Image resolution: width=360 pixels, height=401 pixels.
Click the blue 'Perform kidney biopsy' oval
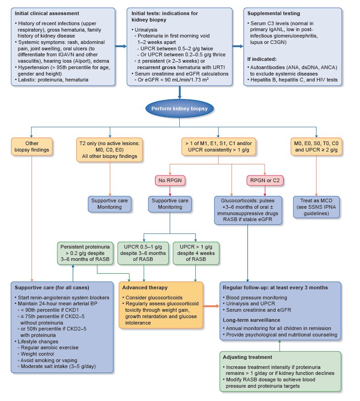click(x=180, y=109)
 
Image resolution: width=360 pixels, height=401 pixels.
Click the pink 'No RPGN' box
click(x=168, y=180)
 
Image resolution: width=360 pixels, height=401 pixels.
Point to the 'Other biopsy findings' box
click(x=30, y=145)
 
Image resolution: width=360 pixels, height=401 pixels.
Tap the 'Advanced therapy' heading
click(x=145, y=287)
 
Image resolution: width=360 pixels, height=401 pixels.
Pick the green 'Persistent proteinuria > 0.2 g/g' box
click(x=85, y=252)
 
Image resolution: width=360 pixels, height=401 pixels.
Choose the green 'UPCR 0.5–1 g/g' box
click(x=144, y=252)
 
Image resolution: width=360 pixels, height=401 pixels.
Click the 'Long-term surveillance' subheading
click(x=252, y=320)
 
